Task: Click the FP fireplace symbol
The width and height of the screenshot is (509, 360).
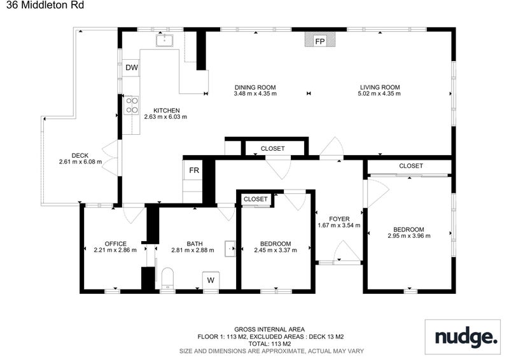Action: (320, 39)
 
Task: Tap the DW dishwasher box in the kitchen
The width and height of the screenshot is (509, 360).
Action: (131, 67)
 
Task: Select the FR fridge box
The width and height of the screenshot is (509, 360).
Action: (194, 170)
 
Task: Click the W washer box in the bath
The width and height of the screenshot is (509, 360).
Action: (211, 280)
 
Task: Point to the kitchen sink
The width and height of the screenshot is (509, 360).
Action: (165, 40)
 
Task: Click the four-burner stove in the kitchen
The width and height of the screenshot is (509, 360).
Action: (132, 106)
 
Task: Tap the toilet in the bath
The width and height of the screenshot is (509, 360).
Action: (167, 278)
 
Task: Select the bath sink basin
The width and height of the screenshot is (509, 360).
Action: (230, 249)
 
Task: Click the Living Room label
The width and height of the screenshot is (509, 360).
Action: (380, 87)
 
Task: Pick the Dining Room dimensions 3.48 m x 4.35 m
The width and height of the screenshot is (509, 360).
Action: (255, 93)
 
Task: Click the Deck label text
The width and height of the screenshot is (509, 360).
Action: (80, 155)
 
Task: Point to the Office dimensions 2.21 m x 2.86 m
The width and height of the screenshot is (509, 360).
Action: (115, 250)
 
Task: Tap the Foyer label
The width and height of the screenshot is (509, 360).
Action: (339, 219)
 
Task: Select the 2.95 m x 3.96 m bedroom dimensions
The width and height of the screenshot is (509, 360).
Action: (409, 236)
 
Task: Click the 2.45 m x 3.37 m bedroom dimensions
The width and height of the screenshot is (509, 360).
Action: (275, 250)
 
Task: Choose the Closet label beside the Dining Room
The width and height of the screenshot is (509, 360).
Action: (273, 148)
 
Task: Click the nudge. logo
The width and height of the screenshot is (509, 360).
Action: (466, 337)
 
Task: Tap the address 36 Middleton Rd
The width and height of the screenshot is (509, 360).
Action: (45, 5)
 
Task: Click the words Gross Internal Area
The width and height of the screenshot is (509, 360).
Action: (269, 329)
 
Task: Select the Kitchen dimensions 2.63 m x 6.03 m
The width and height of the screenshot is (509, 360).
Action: (165, 116)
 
